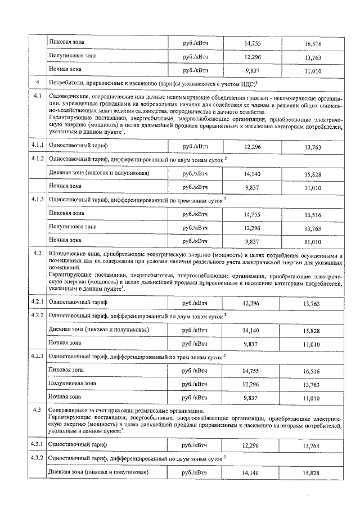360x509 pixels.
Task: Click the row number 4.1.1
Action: click(x=38, y=146)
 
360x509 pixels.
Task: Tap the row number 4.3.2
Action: click(x=38, y=458)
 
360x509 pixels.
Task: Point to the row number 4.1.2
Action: click(x=38, y=160)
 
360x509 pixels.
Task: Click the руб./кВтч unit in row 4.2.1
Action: click(x=195, y=303)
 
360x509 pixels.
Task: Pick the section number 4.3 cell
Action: click(x=38, y=410)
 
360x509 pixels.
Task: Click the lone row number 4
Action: click(x=37, y=84)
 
